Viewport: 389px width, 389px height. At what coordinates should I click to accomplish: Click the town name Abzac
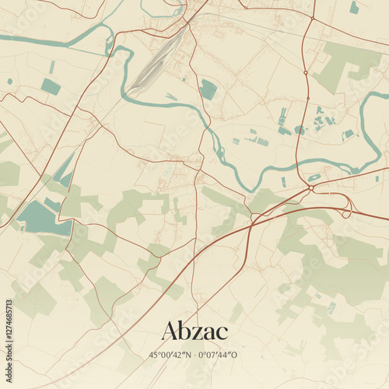pyautogui.click(x=194, y=331)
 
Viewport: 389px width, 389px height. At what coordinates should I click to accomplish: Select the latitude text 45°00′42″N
pyautogui.click(x=171, y=355)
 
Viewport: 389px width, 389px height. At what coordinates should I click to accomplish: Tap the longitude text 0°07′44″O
pyautogui.click(x=219, y=355)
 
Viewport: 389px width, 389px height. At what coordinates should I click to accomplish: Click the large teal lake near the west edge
pyautogui.click(x=43, y=217)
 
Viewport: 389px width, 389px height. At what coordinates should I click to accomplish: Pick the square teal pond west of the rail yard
pyautogui.click(x=51, y=86)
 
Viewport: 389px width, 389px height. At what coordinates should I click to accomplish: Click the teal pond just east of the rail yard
pyautogui.click(x=209, y=89)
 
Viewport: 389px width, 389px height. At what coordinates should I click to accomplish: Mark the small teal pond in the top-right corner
pyautogui.click(x=355, y=8)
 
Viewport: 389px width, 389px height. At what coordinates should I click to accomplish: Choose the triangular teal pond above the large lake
pyautogui.click(x=65, y=171)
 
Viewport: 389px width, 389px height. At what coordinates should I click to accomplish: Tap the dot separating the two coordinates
pyautogui.click(x=194, y=355)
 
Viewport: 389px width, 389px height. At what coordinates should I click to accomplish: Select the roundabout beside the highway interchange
pyautogui.click(x=311, y=187)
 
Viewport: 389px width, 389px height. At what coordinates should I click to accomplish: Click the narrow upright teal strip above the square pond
pyautogui.click(x=52, y=67)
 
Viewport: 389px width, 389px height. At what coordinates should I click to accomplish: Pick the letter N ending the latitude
pyautogui.click(x=187, y=355)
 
